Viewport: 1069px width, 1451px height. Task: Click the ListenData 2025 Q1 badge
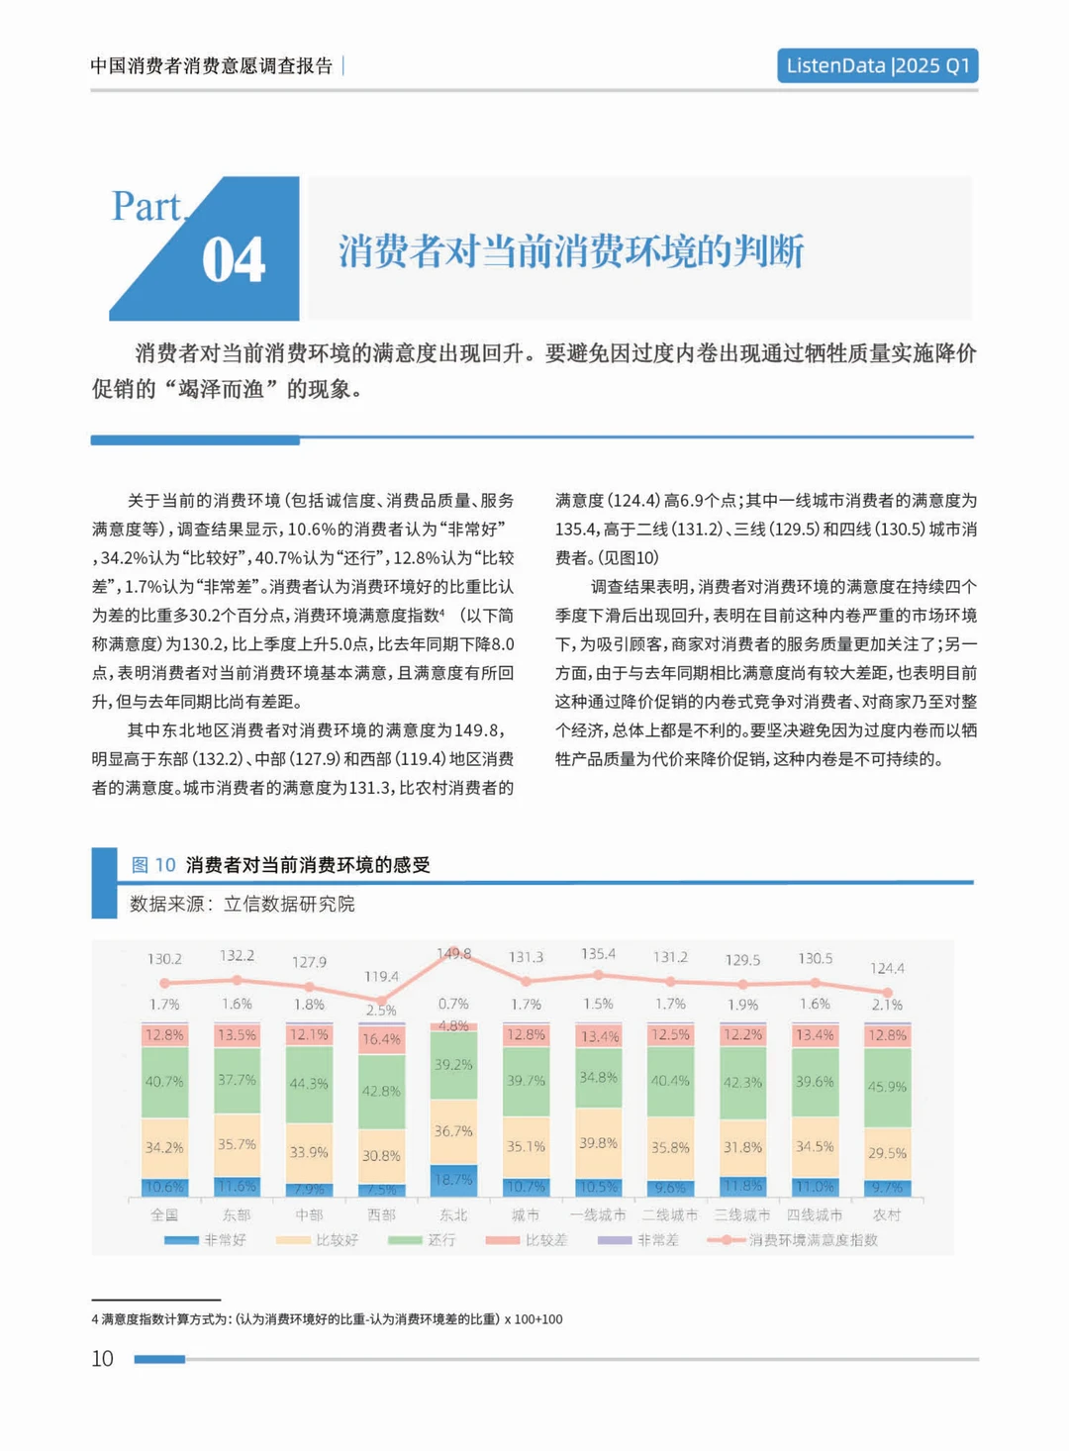[877, 65]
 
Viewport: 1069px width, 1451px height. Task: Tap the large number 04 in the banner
[234, 260]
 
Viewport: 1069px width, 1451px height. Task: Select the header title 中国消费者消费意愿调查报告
[212, 66]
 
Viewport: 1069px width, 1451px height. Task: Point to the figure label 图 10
[153, 865]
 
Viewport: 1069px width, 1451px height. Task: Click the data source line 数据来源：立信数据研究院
[242, 904]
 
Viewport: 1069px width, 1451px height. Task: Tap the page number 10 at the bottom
[102, 1359]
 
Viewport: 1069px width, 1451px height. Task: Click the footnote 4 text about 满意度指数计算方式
[327, 1319]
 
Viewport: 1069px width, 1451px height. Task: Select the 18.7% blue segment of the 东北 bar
[453, 1180]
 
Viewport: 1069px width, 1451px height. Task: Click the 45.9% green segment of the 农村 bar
[887, 1087]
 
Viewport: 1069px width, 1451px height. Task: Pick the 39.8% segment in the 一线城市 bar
[598, 1143]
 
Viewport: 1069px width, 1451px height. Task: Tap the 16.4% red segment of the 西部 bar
[381, 1039]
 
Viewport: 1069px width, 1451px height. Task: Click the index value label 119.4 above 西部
[381, 977]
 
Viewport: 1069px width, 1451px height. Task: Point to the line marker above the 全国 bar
[164, 983]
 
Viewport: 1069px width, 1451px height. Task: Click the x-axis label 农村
[887, 1214]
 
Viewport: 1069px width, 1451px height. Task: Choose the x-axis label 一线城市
[598, 1214]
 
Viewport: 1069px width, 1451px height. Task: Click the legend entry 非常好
[206, 1240]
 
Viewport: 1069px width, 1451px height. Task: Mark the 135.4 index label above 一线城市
[598, 954]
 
